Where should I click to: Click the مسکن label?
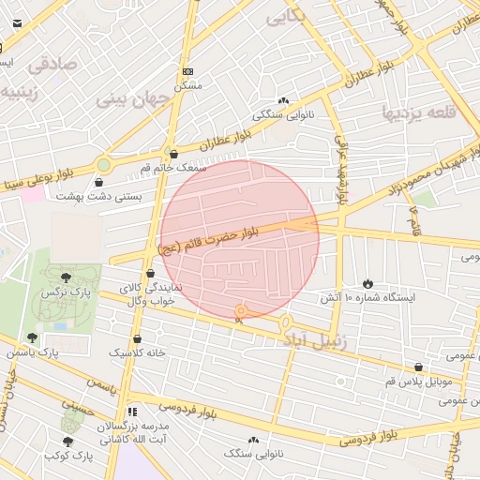(188, 85)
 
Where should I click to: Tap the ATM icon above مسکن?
(187, 71)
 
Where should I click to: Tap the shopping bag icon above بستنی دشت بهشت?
(100, 182)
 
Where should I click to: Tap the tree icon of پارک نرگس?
(66, 277)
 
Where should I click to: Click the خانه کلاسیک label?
(138, 352)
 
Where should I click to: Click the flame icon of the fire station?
(367, 283)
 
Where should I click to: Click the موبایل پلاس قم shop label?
(418, 382)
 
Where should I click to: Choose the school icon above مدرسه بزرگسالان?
(132, 412)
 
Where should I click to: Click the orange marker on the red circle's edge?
(240, 311)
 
